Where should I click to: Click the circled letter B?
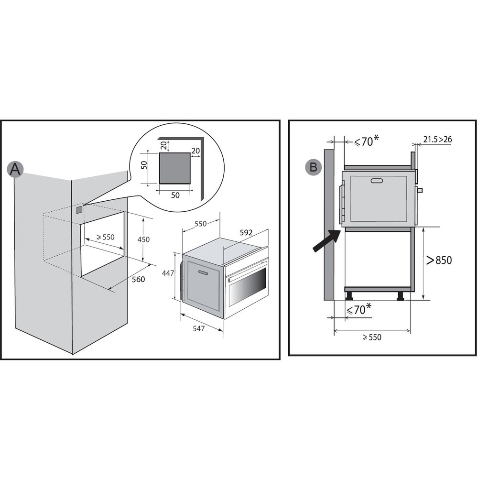click(314, 168)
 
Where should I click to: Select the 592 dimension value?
click(246, 233)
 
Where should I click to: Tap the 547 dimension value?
click(198, 328)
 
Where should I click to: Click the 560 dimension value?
click(138, 280)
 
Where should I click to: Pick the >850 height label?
click(439, 260)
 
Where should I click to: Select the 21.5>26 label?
click(437, 140)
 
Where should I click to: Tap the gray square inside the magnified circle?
click(175, 168)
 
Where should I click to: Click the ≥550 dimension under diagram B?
click(371, 337)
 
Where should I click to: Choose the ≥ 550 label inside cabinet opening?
click(105, 237)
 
